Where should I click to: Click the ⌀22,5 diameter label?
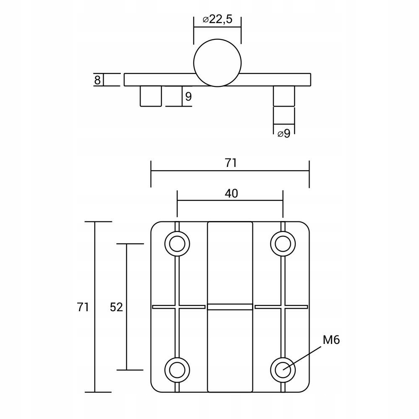(218, 20)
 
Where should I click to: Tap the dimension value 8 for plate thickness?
(97, 80)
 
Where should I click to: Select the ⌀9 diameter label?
(284, 133)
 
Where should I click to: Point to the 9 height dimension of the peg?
(188, 96)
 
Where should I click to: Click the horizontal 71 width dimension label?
(231, 163)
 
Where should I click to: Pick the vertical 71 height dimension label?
(83, 307)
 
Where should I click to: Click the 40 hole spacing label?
(231, 193)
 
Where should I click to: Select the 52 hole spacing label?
(116, 307)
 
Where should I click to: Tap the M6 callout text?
(331, 340)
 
